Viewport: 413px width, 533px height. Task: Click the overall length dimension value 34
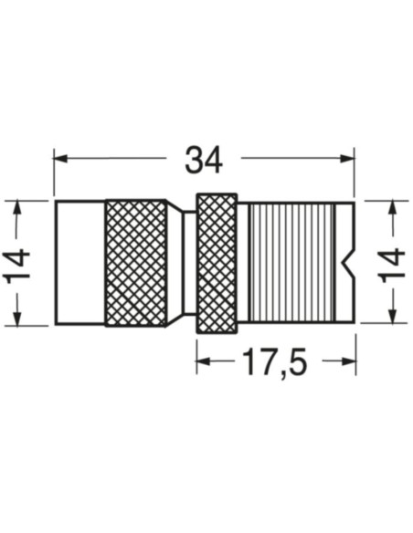(x=204, y=160)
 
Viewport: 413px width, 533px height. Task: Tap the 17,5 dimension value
(x=274, y=363)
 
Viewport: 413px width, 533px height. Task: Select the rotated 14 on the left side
(x=19, y=263)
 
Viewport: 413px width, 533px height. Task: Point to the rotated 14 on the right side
(x=392, y=263)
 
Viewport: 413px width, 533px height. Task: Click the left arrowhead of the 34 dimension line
(x=60, y=160)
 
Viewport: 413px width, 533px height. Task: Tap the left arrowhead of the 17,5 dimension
(x=203, y=361)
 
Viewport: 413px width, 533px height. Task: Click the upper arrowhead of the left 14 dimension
(x=18, y=207)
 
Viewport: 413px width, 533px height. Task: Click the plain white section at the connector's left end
(x=79, y=262)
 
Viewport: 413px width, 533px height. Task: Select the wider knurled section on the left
(x=135, y=262)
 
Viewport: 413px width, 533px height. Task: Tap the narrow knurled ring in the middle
(x=217, y=262)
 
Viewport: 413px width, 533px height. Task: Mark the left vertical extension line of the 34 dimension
(x=54, y=173)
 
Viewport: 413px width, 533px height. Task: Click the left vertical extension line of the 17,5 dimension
(x=196, y=351)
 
